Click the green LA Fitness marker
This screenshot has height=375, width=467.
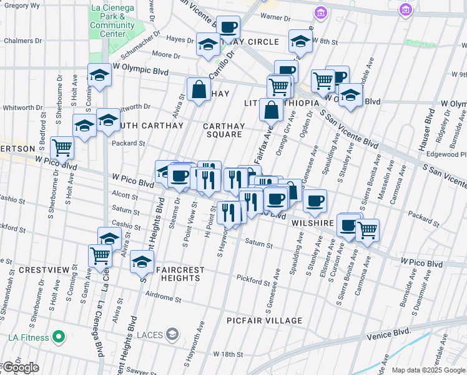(x=59, y=337)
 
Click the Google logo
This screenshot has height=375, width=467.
(x=20, y=368)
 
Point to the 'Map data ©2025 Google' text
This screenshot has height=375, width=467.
(x=428, y=370)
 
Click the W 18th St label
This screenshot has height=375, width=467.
(x=227, y=354)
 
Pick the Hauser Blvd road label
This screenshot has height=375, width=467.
(x=430, y=132)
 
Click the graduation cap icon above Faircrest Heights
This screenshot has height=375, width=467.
(x=142, y=261)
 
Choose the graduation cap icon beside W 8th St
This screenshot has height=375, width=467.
(x=300, y=41)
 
